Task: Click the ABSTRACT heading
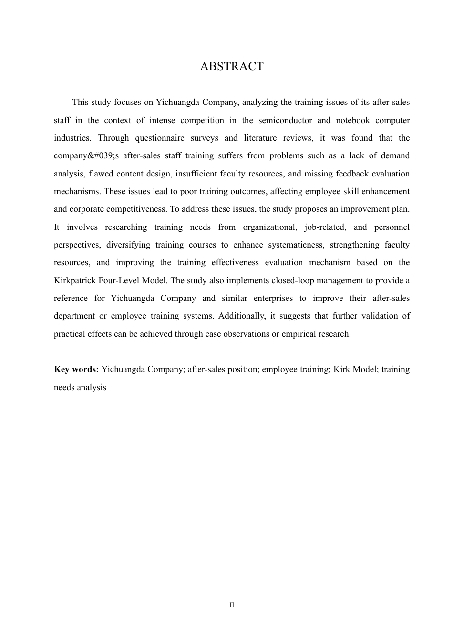[x=232, y=66]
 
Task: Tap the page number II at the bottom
[x=232, y=605]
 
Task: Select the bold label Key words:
[x=76, y=369]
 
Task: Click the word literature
[x=260, y=138]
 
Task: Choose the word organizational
[x=270, y=227]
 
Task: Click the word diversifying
[x=128, y=245]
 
